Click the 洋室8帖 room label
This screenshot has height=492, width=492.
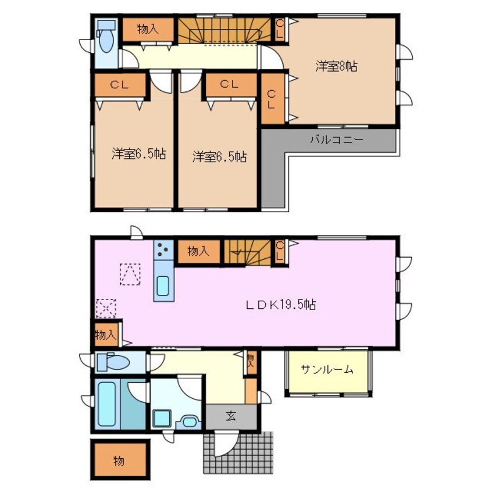(336, 67)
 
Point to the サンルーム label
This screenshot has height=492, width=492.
(327, 369)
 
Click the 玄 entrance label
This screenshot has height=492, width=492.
(231, 416)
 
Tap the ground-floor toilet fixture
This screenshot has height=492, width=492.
(114, 362)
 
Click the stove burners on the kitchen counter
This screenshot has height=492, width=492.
(163, 251)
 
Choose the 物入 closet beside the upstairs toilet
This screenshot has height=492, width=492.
(148, 30)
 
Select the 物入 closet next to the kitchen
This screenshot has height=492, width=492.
(198, 252)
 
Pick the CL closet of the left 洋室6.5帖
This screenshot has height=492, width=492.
(120, 85)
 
